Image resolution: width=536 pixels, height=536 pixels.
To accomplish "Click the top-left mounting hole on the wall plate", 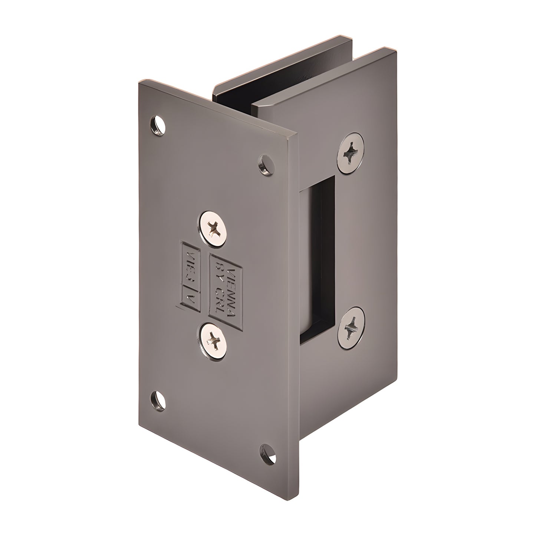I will tap(158, 125).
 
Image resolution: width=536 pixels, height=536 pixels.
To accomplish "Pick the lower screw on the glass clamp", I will tap(350, 327).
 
